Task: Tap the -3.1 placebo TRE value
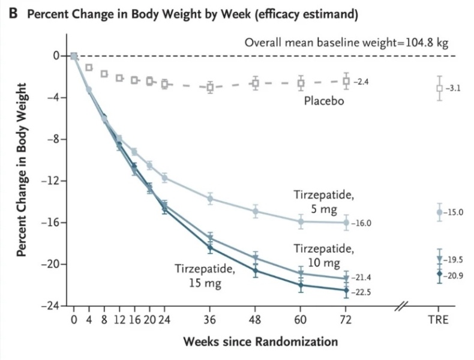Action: [454, 88]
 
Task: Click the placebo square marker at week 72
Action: [346, 81]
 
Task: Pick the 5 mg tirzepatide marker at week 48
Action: [255, 211]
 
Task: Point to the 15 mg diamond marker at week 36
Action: [210, 248]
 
